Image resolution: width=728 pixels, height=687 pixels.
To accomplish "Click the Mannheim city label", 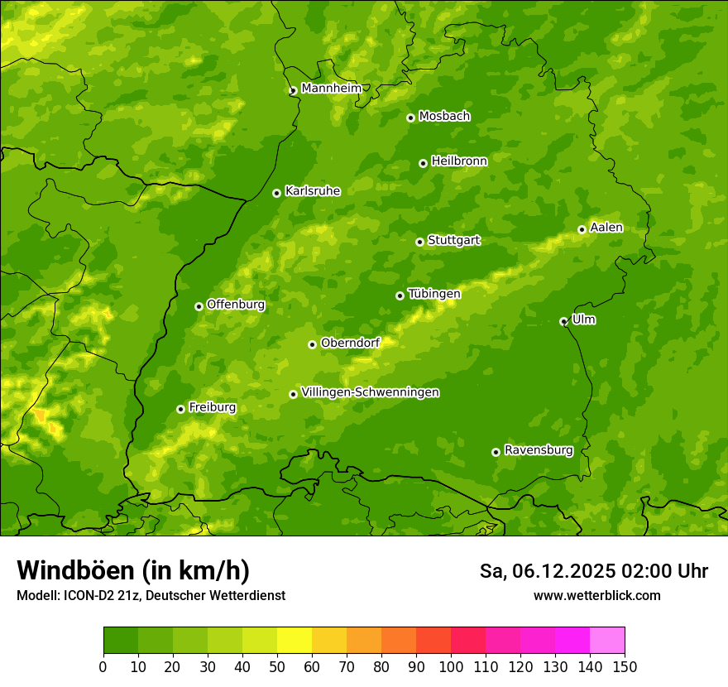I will [331, 89].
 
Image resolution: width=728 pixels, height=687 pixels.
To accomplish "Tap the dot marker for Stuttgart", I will [419, 242].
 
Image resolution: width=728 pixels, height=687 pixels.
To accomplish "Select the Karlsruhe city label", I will [312, 191].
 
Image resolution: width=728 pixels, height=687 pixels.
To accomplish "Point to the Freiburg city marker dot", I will [180, 409].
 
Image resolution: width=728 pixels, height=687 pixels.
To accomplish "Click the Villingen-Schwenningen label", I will [370, 392].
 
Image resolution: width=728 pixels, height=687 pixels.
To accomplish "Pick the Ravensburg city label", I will [538, 450].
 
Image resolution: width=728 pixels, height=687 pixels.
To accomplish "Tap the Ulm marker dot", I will [563, 321].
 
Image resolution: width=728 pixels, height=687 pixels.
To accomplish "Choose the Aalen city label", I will [606, 228].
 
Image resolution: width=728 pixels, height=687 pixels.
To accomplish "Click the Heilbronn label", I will [459, 161].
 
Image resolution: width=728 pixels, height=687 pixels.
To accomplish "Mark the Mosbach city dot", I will [410, 118].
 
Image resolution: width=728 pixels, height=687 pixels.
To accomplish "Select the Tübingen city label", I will [434, 294].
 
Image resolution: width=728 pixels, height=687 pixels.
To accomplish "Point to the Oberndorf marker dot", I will [312, 344].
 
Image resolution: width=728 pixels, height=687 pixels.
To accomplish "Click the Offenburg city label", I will [236, 305].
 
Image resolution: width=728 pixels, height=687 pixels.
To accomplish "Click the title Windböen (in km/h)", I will [132, 570].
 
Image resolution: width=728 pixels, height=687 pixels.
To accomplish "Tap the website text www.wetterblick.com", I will [596, 595].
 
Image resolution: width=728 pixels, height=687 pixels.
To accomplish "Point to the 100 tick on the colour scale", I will [451, 666].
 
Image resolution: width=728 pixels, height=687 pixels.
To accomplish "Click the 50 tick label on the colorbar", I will [277, 666].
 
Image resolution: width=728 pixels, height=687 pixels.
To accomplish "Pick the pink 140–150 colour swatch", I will [607, 640].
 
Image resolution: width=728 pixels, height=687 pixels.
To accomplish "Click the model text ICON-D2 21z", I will [98, 595].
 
